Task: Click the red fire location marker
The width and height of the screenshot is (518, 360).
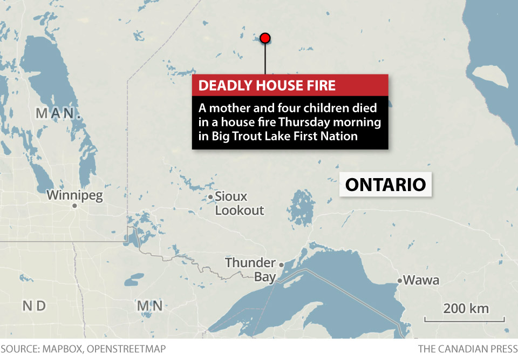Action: pos(265,38)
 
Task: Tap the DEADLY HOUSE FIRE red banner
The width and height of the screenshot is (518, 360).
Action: pos(290,85)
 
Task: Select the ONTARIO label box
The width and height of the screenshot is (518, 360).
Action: pos(385,185)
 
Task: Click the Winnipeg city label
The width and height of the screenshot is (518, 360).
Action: pos(74,195)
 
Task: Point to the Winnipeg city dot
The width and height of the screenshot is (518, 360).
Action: pos(75,206)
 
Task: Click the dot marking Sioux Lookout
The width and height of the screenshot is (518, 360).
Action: pos(210,197)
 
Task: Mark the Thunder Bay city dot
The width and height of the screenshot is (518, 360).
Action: pos(281,264)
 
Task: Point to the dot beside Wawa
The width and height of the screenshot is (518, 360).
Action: pos(400,281)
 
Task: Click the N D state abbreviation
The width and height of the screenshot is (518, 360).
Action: pos(33,306)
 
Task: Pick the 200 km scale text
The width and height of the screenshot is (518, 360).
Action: pos(466,309)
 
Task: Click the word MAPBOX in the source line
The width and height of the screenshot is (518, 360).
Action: pos(64,349)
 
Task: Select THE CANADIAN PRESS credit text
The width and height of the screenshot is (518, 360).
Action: pos(467,349)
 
